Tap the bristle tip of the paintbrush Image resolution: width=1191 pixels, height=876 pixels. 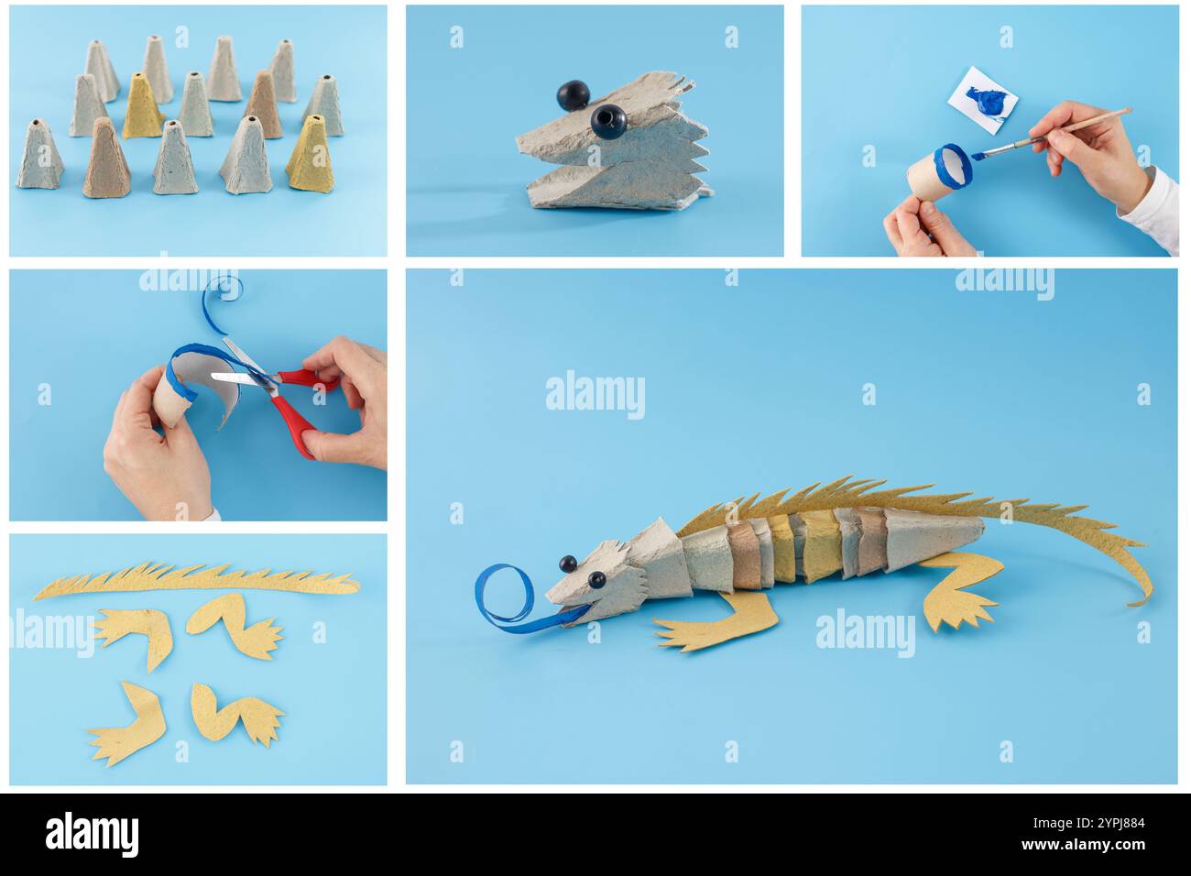tap(978, 156)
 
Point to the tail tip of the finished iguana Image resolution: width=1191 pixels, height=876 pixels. tap(1140, 600)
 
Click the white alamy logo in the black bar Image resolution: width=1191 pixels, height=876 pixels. tap(93, 834)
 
